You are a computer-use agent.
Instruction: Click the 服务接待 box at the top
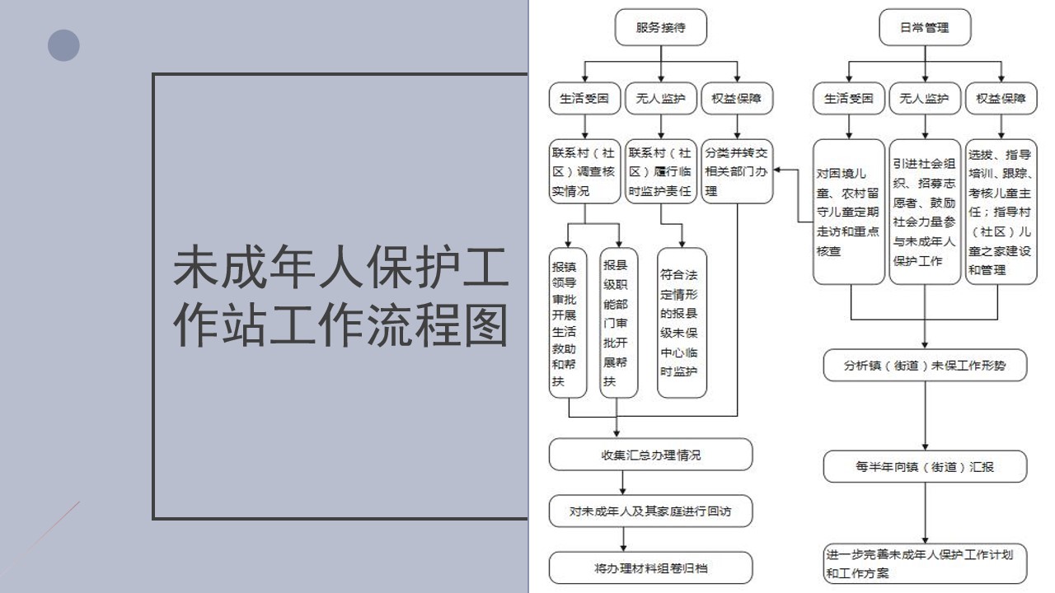[660, 27]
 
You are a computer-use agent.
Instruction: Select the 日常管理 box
[925, 27]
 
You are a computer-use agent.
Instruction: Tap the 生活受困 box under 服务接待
[584, 98]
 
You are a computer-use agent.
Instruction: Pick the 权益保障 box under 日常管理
[1001, 98]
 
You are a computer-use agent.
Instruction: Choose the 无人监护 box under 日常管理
[925, 98]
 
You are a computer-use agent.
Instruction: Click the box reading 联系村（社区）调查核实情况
[584, 171]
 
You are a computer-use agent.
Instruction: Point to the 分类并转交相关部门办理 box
[737, 171]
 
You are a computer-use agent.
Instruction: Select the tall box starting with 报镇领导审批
[568, 323]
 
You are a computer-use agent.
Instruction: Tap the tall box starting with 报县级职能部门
[619, 323]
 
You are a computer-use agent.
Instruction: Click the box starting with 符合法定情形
[682, 323]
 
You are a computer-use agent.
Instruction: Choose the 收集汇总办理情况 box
[650, 455]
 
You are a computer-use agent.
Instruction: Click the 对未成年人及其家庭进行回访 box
[650, 511]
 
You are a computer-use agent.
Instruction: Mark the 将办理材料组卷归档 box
[650, 568]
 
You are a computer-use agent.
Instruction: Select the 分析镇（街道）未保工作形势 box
[925, 365]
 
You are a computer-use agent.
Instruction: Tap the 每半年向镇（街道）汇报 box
[925, 466]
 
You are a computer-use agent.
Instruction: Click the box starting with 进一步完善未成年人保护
[925, 564]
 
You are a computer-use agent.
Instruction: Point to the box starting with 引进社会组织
[925, 212]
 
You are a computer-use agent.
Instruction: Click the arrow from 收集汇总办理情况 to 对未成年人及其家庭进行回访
[622, 483]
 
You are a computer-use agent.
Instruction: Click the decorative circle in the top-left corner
[63, 45]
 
